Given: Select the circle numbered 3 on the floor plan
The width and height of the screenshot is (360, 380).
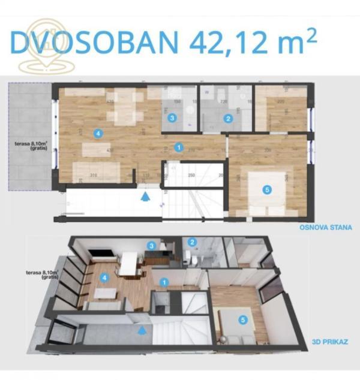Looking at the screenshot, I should [x=172, y=118].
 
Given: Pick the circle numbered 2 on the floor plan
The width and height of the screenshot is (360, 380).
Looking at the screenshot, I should [x=228, y=118].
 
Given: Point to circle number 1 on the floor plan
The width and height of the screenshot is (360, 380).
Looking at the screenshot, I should [x=178, y=146].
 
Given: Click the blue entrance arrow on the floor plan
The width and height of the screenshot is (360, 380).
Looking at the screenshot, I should [x=144, y=195].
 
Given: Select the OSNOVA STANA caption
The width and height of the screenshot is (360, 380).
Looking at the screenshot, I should [x=325, y=228].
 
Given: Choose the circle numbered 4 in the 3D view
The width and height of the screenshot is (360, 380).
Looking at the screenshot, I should [x=106, y=278].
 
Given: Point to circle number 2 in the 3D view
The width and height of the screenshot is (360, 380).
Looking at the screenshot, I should [x=192, y=242].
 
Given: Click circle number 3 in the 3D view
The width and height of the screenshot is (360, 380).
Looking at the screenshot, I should [x=152, y=245].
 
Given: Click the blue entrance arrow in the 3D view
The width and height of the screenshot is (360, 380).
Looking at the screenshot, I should [x=142, y=329].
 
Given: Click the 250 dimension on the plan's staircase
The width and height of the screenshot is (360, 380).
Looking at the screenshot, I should [x=191, y=175].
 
